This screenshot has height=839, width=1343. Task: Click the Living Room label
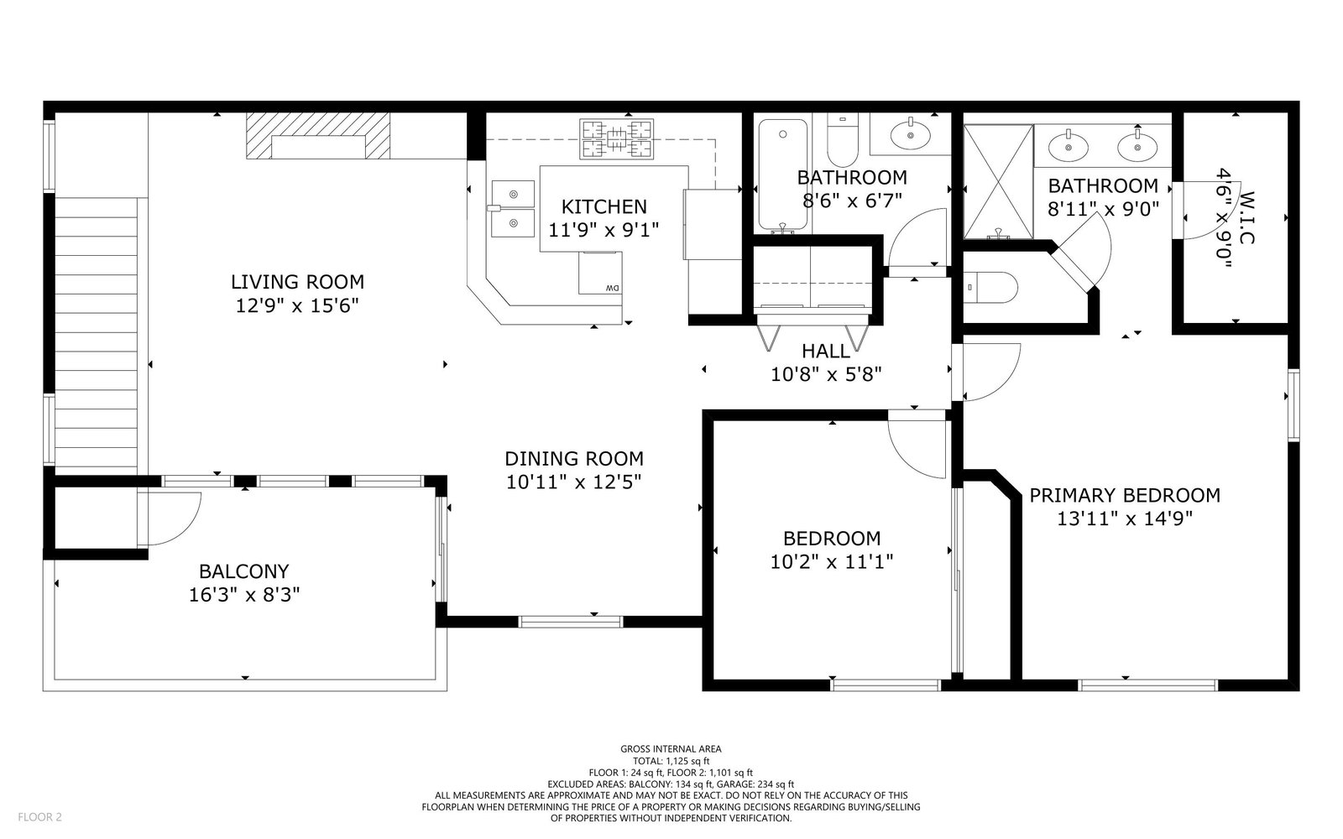tap(297, 282)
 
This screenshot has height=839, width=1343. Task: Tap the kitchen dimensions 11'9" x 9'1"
tap(604, 230)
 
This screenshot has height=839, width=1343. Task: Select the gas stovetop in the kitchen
tap(616, 139)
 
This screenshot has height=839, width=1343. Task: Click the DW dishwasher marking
tap(612, 289)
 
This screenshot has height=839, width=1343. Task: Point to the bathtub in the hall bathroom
tap(783, 175)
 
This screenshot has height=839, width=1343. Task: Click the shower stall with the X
tap(998, 181)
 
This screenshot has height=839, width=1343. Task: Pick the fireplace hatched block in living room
tap(318, 136)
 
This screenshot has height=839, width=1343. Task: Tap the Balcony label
tap(244, 571)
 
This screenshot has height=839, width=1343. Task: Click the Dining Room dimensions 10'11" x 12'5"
tap(574, 482)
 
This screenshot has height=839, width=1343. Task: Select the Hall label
tap(826, 352)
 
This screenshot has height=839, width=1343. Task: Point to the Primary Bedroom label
tap(1125, 496)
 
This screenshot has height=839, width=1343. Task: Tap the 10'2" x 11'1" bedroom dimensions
tap(832, 561)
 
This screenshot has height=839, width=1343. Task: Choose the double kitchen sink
tap(513, 209)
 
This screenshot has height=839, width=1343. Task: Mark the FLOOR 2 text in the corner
tap(39, 817)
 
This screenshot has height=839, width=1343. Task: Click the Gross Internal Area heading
tap(671, 749)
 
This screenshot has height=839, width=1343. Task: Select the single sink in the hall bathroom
tap(910, 135)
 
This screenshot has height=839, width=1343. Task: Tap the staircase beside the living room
tap(96, 332)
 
